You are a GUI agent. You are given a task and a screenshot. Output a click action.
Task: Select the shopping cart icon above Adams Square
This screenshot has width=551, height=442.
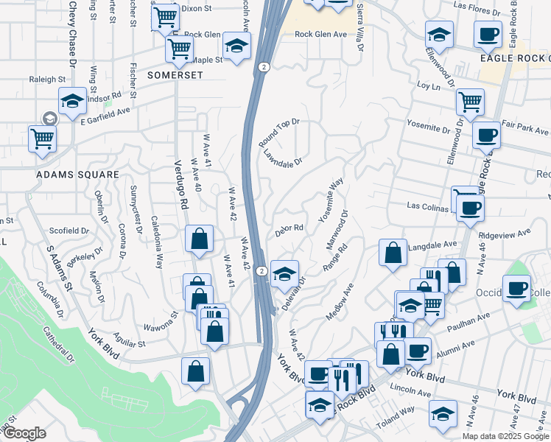point(42,138)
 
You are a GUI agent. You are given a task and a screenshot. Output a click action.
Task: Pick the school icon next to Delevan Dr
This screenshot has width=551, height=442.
point(284,275)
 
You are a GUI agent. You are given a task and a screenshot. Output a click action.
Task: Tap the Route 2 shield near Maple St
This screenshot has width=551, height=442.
point(263,67)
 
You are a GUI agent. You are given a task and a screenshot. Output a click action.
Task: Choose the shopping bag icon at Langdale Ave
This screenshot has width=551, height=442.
point(393,252)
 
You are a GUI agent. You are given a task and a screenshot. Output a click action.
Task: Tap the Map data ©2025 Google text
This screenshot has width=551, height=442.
point(505,436)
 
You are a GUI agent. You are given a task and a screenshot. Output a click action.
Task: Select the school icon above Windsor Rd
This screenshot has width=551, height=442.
point(72,103)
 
